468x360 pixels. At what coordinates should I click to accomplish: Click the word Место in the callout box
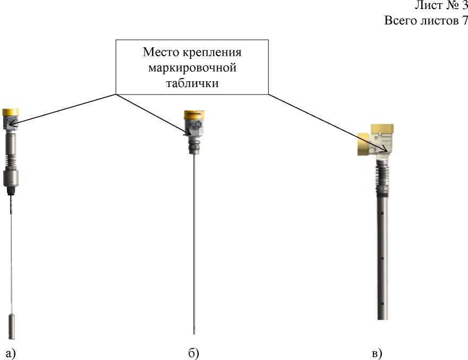tap(161, 52)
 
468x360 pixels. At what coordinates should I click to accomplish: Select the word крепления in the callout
tap(211, 53)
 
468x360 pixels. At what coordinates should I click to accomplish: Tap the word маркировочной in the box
tap(192, 68)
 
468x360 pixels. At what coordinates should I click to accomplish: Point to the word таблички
tap(192, 83)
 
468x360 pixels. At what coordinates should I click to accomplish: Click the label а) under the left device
tap(11, 354)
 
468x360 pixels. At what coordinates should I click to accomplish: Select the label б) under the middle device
tap(194, 354)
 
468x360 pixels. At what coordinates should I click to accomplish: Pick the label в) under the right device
tap(377, 354)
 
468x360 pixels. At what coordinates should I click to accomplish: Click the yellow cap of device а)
tap(11, 112)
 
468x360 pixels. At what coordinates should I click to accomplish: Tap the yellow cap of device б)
tap(194, 115)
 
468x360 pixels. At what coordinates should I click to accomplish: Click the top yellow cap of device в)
tap(382, 128)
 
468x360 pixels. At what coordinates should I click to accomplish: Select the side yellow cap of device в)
tap(363, 144)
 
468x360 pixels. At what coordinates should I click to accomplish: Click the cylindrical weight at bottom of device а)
tap(12, 327)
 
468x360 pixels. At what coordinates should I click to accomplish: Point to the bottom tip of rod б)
tap(194, 334)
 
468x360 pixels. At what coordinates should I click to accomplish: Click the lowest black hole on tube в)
tap(382, 304)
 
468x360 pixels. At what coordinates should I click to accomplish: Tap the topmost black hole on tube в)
tap(382, 213)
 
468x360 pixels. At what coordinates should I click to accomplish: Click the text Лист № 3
tap(441, 5)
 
